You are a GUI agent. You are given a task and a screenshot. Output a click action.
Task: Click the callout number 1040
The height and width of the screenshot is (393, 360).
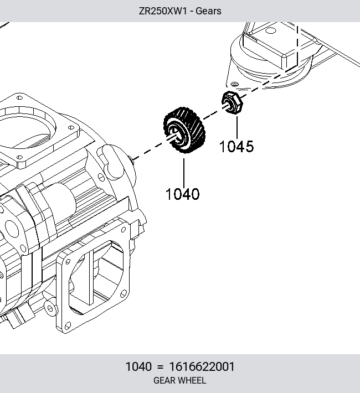click(x=183, y=194)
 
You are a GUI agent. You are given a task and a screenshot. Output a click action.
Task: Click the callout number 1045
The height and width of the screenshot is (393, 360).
click(x=236, y=146)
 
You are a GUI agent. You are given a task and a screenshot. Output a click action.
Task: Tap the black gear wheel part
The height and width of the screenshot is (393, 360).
click(x=184, y=130)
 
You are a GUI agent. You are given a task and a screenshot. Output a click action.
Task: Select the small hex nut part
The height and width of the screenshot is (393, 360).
click(x=232, y=102)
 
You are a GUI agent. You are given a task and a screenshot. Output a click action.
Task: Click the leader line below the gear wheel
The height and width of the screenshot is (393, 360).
click(x=184, y=173)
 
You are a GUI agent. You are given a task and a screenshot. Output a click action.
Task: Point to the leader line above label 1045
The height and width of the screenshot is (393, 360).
click(x=237, y=127)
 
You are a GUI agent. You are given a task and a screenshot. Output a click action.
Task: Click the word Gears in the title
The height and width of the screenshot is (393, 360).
click(x=208, y=11)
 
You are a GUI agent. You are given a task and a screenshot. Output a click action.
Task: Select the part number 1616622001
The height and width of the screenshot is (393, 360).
click(x=202, y=366)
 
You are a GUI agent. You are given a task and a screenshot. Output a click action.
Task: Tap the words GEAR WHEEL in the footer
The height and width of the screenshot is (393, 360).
click(x=180, y=380)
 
